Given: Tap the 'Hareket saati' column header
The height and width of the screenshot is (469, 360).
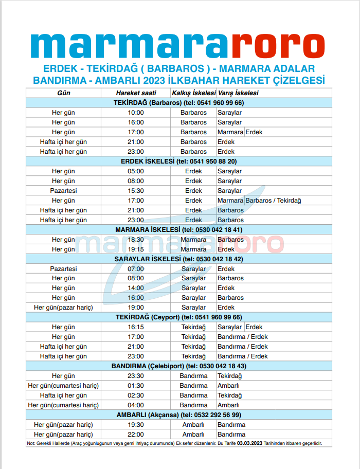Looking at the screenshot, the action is pos(136,93).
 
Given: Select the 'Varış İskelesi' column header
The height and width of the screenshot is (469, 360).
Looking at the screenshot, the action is pos(238,93).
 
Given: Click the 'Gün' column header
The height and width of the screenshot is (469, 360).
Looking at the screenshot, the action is pos(63,93).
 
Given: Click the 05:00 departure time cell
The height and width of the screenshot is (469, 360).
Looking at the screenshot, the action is pos(136,171).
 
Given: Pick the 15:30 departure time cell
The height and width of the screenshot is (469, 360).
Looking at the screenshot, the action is pos(136,191).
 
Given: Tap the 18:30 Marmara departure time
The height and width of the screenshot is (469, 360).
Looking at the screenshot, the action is pos(136,240).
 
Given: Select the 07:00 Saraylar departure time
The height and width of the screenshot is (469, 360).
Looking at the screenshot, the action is pos(136,269).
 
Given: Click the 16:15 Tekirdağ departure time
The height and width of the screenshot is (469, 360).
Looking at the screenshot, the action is pos(136,327).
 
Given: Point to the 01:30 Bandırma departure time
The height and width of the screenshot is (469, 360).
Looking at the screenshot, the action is pos(136,386).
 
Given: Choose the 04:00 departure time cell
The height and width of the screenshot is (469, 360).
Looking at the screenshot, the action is pos(136,405).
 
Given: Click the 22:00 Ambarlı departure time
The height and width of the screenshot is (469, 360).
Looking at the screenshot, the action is pos(136,435).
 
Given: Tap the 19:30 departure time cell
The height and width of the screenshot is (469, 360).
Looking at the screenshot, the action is pos(136,425).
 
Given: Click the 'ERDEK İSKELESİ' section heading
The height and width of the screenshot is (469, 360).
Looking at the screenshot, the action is pos(178,161).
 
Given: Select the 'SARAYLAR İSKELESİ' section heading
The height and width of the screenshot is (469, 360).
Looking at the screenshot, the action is pos(178,259).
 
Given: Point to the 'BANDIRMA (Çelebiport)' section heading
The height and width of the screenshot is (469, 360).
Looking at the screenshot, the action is pos(178,366).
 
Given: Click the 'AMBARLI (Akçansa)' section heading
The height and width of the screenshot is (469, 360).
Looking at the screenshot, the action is pos(178,415).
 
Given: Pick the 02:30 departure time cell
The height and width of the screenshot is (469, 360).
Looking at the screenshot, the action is pos(136,395).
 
